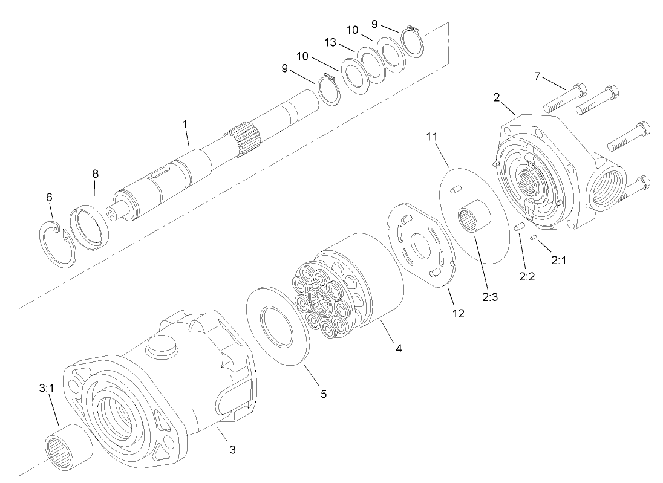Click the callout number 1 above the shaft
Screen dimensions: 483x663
coord(185,123)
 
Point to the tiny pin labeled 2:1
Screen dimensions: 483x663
coord(532,239)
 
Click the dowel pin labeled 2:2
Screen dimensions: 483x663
coord(519,227)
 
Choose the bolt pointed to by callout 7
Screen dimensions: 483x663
coord(564,99)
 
